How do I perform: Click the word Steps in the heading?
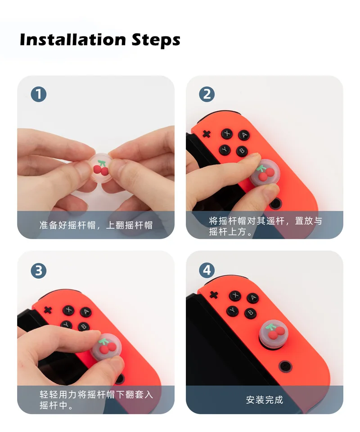click(156, 40)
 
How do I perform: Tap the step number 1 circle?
click(39, 94)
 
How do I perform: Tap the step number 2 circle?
click(207, 94)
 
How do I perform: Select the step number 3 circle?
click(39, 271)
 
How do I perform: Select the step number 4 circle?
click(207, 271)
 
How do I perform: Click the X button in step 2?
click(227, 134)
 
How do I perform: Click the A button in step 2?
click(243, 135)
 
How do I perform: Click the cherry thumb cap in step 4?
click(274, 333)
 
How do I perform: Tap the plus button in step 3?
click(48, 310)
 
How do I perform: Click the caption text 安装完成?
click(264, 400)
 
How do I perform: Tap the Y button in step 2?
click(225, 150)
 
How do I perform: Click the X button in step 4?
click(235, 296)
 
